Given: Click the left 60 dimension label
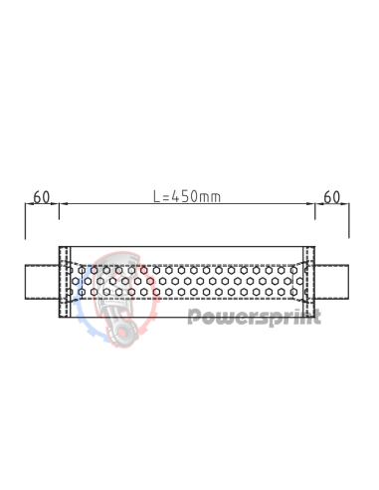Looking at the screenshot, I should [42, 196].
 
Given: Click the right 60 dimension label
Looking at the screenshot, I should [332, 196].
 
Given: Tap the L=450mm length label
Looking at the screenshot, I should [187, 196].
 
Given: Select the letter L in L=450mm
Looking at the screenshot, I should [157, 196].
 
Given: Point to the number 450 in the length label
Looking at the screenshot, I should [185, 196].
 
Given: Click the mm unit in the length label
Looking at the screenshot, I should [210, 196].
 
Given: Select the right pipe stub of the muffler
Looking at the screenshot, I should [334, 283].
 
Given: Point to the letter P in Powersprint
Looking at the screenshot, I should [194, 318].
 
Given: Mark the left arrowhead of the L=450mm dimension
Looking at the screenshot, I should [64, 204].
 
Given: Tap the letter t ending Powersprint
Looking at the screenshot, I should [316, 318].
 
